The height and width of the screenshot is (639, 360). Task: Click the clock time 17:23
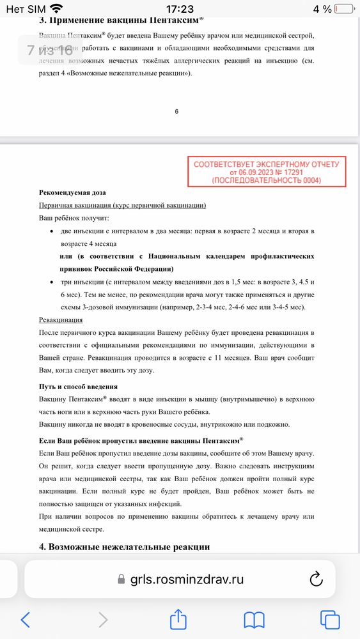pyautogui.click(x=180, y=9)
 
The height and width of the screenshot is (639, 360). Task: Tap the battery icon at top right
pyautogui.click(x=345, y=9)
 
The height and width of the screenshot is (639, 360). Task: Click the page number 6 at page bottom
pyautogui.click(x=176, y=111)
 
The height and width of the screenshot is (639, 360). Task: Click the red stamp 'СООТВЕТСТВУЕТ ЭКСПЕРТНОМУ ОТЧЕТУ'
pyautogui.click(x=266, y=164)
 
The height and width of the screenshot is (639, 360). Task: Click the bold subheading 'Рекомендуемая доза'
pyautogui.click(x=72, y=192)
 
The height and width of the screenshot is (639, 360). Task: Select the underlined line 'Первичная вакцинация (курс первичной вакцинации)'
pyautogui.click(x=122, y=204)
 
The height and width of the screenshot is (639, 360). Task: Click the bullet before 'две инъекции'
pyautogui.click(x=52, y=230)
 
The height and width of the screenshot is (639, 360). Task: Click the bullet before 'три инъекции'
pyautogui.click(x=52, y=282)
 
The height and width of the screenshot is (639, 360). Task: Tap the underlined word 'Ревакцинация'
pyautogui.click(x=61, y=319)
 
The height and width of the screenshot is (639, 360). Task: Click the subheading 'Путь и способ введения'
pyautogui.click(x=79, y=387)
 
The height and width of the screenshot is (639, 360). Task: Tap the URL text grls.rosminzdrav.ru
pyautogui.click(x=187, y=579)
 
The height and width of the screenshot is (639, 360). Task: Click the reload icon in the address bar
pyautogui.click(x=316, y=579)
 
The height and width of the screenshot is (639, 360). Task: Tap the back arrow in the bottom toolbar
pyautogui.click(x=26, y=619)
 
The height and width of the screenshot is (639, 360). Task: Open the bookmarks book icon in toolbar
pyautogui.click(x=254, y=619)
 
